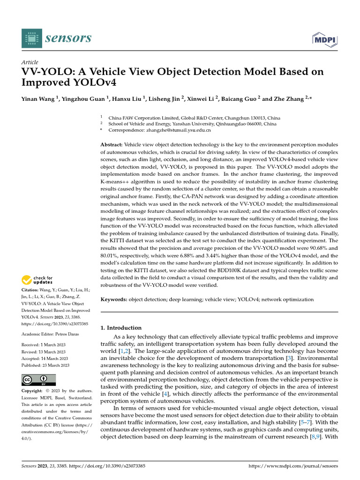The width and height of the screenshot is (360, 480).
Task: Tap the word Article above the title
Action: pyautogui.click(x=30, y=62)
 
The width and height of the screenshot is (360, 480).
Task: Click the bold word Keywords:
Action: pyautogui.click(x=114, y=299)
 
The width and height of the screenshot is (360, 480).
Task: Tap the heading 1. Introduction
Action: pyautogui.click(x=121, y=328)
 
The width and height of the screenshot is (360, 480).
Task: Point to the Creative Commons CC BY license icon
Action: pyautogui.click(x=38, y=379)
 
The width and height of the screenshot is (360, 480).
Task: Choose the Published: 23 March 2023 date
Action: pyautogui.click(x=45, y=365)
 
